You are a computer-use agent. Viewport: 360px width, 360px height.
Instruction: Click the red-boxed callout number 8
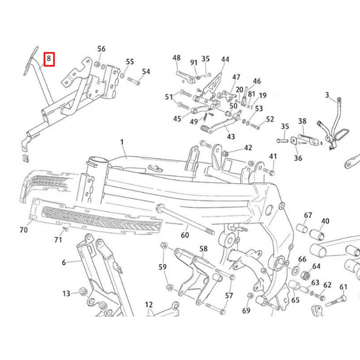tap(49, 58)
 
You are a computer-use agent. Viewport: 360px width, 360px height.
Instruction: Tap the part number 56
tap(101, 49)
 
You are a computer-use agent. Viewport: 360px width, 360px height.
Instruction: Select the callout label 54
tap(146, 71)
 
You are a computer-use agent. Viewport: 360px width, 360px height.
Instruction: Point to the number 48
tap(177, 58)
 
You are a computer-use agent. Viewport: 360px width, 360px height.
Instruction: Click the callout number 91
tap(193, 62)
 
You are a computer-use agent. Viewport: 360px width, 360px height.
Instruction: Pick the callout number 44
tap(225, 59)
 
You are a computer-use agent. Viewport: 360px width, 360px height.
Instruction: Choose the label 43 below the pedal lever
tap(231, 137)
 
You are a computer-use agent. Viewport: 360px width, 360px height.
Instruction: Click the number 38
tap(302, 121)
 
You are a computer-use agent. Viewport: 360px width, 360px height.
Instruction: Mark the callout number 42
tap(248, 148)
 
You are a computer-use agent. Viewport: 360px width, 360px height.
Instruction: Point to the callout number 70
tap(24, 230)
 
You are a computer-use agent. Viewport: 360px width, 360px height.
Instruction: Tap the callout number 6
tap(64, 262)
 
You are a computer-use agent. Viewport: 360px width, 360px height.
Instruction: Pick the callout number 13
tap(66, 294)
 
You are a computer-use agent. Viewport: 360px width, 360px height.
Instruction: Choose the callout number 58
tap(203, 248)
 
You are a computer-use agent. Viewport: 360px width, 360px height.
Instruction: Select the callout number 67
tap(308, 215)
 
